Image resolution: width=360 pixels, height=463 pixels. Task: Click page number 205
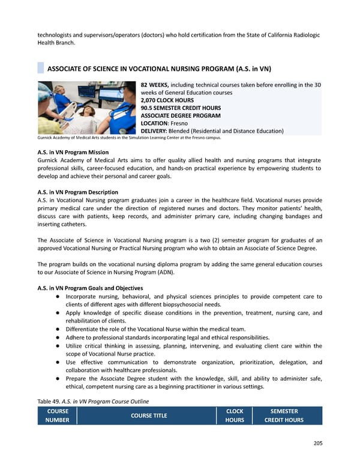pos(317,444)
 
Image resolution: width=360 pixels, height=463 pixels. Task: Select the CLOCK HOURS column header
pos(235,416)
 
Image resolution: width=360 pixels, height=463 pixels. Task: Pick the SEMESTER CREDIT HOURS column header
pos(284,416)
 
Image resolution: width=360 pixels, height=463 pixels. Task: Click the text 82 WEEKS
pos(155,85)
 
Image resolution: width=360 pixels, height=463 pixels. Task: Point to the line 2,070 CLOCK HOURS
pos(167,100)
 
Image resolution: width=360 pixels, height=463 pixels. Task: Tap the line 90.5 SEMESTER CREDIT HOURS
pos(180,107)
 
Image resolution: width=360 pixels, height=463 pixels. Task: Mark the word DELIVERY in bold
pos(154,131)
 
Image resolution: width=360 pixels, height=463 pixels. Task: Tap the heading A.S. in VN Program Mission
pos(73,152)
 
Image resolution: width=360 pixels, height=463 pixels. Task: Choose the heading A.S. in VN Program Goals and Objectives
pos(90,288)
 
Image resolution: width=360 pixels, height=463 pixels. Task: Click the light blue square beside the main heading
pos(41,67)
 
